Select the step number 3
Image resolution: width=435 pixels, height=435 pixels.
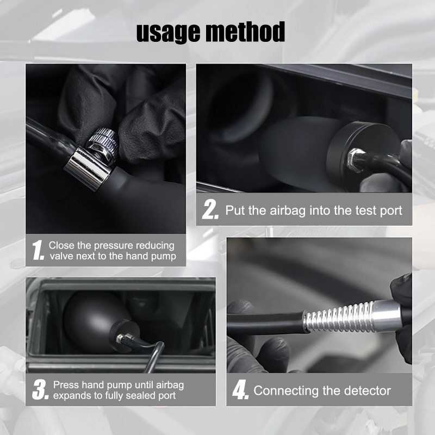point(40,390)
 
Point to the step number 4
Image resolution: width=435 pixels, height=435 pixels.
point(240,390)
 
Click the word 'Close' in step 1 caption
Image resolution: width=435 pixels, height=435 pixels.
point(61,246)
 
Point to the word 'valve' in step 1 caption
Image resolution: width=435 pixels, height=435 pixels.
point(62,257)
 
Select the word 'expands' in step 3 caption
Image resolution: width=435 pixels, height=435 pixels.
point(71,396)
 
